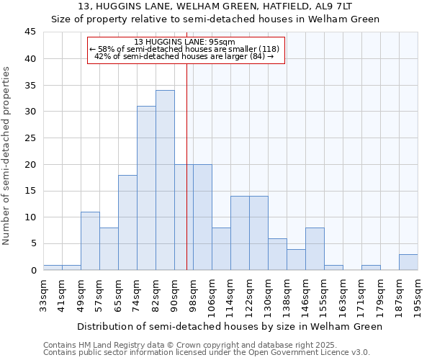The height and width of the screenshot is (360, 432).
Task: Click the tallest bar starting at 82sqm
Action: coord(165,180)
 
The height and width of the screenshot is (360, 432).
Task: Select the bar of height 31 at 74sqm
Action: coord(146,188)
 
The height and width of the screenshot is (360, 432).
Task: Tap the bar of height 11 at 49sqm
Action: coord(90,241)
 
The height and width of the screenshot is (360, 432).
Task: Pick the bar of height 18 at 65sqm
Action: coord(127,222)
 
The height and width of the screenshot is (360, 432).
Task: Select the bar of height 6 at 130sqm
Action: coord(277,254)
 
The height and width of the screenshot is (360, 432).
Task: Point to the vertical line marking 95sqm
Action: coord(186,166)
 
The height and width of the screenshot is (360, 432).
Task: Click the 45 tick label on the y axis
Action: coord(30,32)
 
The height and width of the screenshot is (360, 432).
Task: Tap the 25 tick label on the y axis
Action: coord(30,138)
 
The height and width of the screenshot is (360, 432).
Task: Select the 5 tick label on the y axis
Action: coord(33,244)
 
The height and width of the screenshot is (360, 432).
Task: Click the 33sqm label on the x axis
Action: coord(44,294)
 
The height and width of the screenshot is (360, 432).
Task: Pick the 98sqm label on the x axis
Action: coord(194,294)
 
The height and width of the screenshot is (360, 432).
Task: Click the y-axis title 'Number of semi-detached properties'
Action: coord(7,156)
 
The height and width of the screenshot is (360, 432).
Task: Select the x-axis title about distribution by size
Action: coord(230,326)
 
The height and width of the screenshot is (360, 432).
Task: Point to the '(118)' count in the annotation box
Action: coord(269,49)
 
